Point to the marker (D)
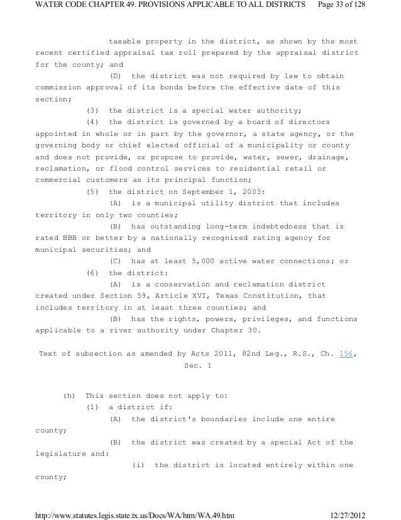(118, 76)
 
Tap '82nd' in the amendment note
(226, 353)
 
